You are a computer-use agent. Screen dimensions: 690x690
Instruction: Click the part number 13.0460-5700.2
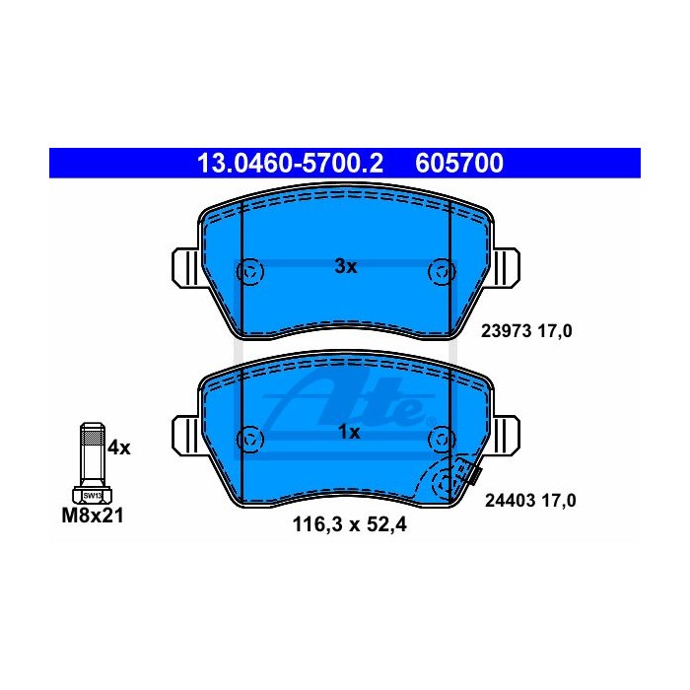tap(290, 164)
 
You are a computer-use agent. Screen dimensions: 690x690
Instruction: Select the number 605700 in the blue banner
tap(459, 164)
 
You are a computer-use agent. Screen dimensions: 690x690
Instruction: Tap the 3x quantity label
tap(345, 266)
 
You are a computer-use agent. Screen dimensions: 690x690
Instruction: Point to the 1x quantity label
tap(349, 432)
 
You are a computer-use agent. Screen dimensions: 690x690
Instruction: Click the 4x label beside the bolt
tap(119, 448)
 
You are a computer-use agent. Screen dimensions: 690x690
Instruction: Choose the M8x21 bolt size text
tap(93, 516)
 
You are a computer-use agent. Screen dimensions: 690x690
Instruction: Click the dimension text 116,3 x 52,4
tap(349, 524)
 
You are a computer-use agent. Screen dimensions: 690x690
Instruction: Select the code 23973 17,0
tap(526, 331)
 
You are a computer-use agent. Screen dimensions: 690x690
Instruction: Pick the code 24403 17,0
tap(530, 501)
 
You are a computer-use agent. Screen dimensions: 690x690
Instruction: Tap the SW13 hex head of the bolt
tap(92, 495)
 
